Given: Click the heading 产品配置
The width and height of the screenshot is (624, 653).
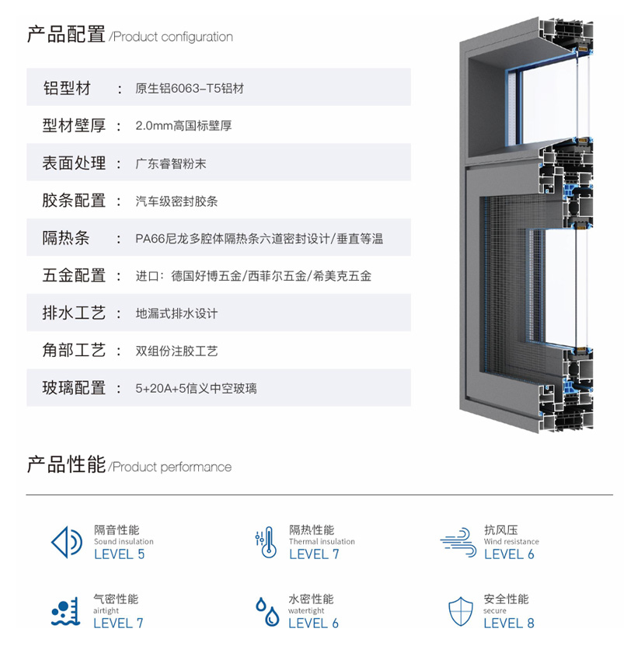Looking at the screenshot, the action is [x=66, y=34].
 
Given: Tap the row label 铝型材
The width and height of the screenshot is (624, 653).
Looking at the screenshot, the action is [x=67, y=88].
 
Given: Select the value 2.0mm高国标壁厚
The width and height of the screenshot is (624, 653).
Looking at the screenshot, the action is [x=183, y=125].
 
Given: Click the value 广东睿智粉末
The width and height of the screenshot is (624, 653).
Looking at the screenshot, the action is [x=170, y=163].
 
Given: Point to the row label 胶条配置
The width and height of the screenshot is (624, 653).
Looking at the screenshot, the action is [x=74, y=201].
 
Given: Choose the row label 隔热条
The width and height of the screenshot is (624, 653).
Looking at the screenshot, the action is [x=66, y=238].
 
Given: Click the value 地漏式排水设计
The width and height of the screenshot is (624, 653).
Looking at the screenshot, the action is [x=176, y=313].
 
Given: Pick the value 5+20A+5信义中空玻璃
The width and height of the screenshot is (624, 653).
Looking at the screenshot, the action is [x=196, y=388].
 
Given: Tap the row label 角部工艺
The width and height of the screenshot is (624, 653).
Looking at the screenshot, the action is [x=74, y=351].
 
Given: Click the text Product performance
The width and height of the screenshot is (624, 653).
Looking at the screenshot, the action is [x=172, y=467].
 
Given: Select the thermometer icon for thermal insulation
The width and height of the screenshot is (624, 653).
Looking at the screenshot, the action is [x=266, y=543].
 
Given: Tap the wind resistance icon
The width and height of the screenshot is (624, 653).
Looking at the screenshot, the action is [x=458, y=543].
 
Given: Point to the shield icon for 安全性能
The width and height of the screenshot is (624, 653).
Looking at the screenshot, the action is [x=460, y=611].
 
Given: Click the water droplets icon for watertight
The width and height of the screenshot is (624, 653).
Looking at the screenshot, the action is [x=267, y=611].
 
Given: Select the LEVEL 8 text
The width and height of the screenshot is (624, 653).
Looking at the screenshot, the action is [x=509, y=623].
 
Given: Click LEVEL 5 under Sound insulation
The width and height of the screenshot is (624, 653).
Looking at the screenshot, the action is [x=119, y=553].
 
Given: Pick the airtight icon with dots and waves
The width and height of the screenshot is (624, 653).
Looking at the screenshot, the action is [x=65, y=611].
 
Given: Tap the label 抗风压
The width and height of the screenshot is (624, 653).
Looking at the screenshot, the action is [x=500, y=529].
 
